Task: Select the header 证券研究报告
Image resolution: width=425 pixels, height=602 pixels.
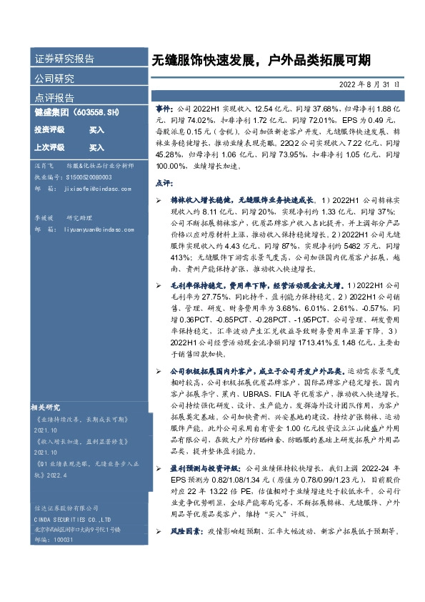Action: pos(64,59)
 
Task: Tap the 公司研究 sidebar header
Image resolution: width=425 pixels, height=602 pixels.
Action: pos(54,78)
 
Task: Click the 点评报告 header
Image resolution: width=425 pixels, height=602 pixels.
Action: pos(54,97)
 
